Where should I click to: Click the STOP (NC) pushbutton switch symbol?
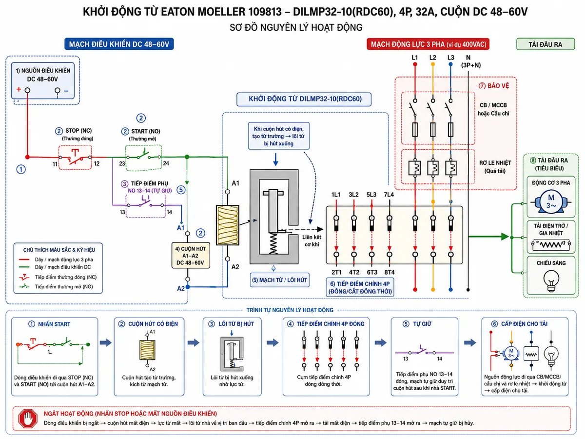click(x=75, y=157)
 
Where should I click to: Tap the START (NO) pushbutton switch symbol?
click(x=144, y=156)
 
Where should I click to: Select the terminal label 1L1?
click(x=336, y=195)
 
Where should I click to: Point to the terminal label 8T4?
click(x=390, y=272)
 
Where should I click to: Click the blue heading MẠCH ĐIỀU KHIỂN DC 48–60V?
click(x=119, y=44)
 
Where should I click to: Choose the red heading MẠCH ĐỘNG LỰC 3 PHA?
click(x=428, y=44)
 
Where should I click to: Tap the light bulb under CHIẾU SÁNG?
click(x=551, y=280)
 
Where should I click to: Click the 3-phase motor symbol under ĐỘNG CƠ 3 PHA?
click(x=551, y=202)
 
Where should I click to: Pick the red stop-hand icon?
click(x=28, y=418)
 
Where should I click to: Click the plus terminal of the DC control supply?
click(x=27, y=90)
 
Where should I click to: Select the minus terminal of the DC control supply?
click(x=58, y=90)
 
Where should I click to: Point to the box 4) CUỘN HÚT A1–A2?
click(x=191, y=255)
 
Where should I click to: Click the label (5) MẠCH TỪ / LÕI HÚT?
click(x=279, y=280)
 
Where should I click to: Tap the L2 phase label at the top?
click(x=433, y=58)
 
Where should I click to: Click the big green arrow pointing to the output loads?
click(x=489, y=237)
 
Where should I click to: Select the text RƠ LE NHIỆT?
click(x=495, y=163)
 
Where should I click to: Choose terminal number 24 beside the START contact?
click(x=166, y=163)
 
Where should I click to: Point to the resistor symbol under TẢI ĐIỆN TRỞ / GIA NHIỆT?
click(x=551, y=244)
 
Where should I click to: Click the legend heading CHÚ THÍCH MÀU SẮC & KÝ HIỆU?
click(x=59, y=250)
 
